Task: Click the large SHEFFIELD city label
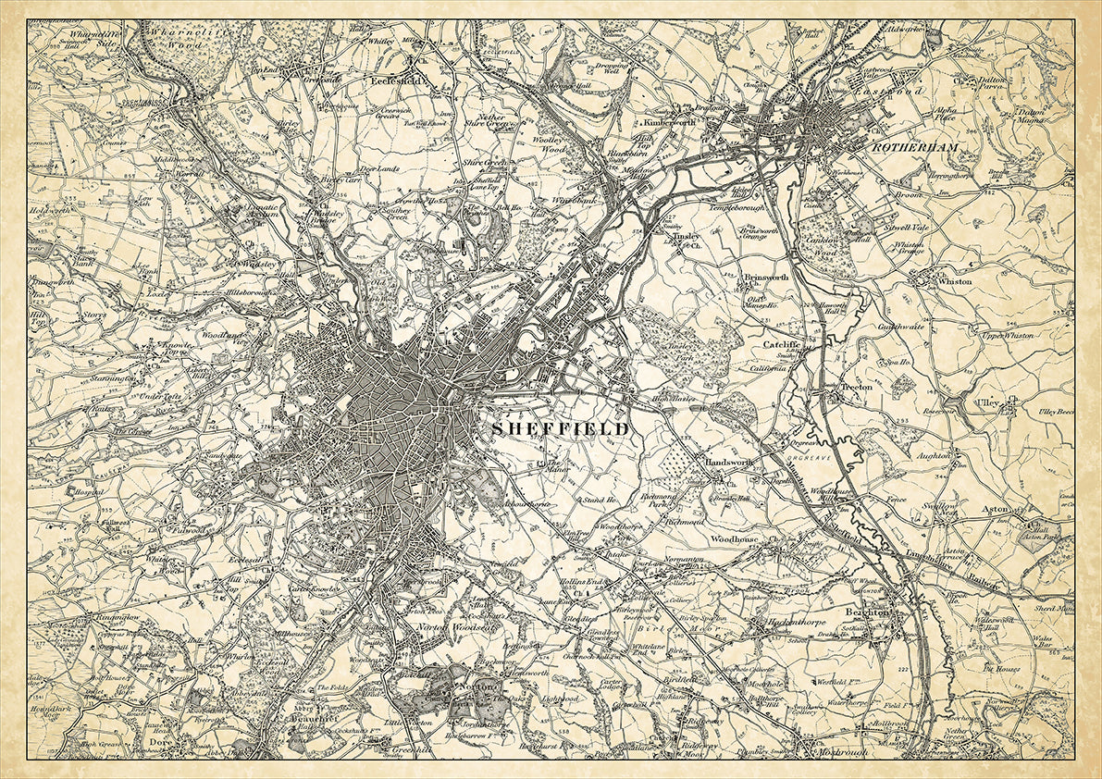click(x=559, y=429)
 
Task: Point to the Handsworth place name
click(x=731, y=462)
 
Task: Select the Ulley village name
click(x=986, y=402)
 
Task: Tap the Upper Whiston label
click(x=1006, y=335)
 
